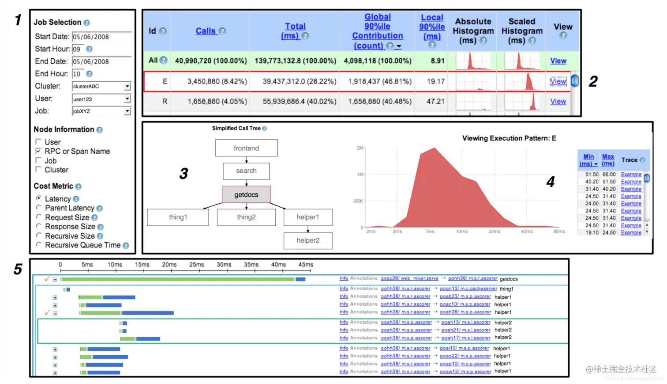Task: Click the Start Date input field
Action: click(101, 37)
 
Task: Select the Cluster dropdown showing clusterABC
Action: click(101, 87)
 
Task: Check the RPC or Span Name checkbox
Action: click(39, 151)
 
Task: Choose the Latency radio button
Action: click(39, 198)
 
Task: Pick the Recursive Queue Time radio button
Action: click(39, 245)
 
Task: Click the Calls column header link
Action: click(206, 31)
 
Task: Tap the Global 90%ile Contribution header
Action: click(377, 31)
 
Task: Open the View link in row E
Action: click(558, 81)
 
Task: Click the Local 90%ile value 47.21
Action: click(435, 102)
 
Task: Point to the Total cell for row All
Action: click(295, 61)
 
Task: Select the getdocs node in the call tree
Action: click(246, 194)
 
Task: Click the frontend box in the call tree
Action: click(246, 148)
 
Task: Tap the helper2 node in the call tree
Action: click(308, 240)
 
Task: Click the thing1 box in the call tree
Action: click(178, 217)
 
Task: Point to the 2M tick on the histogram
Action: click(360, 148)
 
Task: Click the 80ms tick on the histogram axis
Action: click(559, 232)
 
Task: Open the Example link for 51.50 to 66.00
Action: click(631, 175)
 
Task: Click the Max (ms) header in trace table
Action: click(608, 160)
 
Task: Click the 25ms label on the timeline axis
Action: click(196, 265)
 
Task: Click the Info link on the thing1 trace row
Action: click(344, 289)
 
